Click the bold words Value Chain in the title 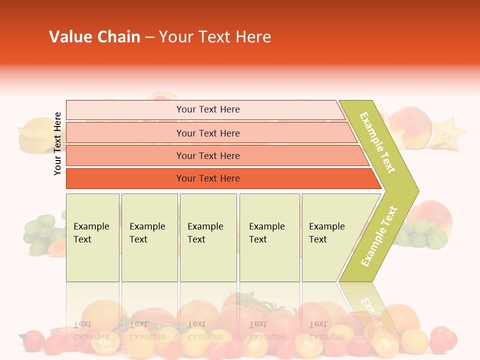[x=94, y=37]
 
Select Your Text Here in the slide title [x=215, y=37]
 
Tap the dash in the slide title [x=149, y=37]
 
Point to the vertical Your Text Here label [x=58, y=143]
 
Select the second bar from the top [x=208, y=133]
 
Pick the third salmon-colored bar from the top [x=208, y=155]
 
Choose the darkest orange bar [x=208, y=178]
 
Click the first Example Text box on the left [x=92, y=237]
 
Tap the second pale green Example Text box [x=149, y=237]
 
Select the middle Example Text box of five [x=208, y=237]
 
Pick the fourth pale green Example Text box [x=269, y=237]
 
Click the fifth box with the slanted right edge [x=330, y=237]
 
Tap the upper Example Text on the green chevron [x=378, y=142]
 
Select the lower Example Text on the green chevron [x=379, y=236]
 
